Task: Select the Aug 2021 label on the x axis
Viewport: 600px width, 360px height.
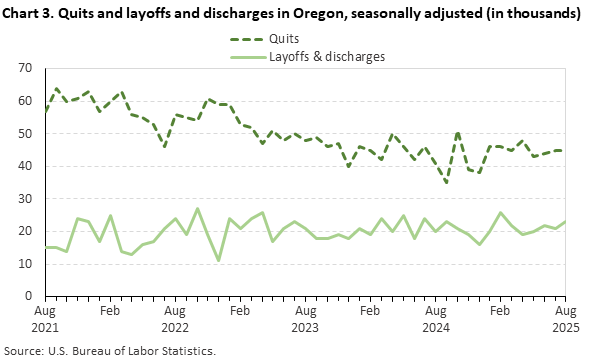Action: (45, 319)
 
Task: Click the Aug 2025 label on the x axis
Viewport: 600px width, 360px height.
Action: (565, 319)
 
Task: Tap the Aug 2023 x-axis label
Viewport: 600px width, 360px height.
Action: (305, 319)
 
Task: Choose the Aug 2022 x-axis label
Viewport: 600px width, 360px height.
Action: (175, 319)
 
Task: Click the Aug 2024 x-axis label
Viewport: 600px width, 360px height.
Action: (435, 319)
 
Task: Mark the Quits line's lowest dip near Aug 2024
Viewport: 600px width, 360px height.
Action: (446, 182)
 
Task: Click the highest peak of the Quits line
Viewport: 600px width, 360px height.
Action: (56, 88)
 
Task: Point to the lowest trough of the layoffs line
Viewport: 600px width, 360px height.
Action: (218, 260)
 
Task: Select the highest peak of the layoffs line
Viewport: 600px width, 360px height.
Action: (197, 208)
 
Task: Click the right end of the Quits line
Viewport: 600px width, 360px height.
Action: (565, 150)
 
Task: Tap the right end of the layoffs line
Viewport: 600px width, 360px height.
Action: (565, 221)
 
